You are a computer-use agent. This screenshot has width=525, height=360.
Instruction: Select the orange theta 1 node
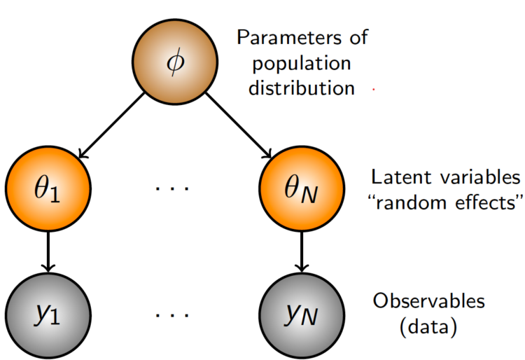48,189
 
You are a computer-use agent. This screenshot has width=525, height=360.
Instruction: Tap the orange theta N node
301,189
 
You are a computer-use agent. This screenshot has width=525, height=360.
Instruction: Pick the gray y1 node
48,314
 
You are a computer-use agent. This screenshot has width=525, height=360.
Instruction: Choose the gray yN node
301,314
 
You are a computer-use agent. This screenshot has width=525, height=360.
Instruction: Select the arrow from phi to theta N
239,126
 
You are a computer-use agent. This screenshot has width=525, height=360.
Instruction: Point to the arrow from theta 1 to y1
48,252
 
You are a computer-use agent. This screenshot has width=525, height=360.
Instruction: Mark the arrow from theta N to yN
301,252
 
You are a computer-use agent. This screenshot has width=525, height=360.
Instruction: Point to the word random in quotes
411,205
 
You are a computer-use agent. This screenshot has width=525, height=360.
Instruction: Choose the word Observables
428,301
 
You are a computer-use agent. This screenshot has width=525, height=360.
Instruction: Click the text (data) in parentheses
428,327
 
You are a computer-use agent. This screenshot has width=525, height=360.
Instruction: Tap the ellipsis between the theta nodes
174,189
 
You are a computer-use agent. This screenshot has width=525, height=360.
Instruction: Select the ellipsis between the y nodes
174,314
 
